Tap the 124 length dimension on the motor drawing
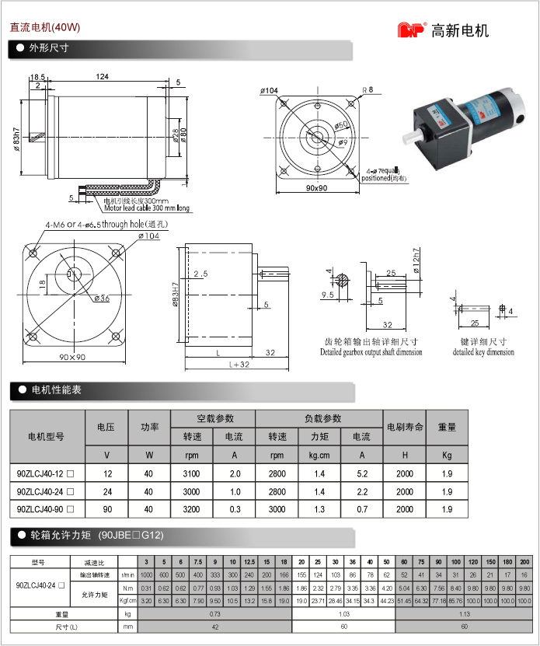[x=102, y=77]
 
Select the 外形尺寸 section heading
[x=49, y=48]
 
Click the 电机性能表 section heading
[x=55, y=390]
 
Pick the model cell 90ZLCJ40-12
[x=46, y=473]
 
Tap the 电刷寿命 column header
[x=404, y=427]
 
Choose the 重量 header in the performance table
[x=447, y=427]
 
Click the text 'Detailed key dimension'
[x=483, y=352]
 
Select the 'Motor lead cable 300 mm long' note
[x=147, y=208]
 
